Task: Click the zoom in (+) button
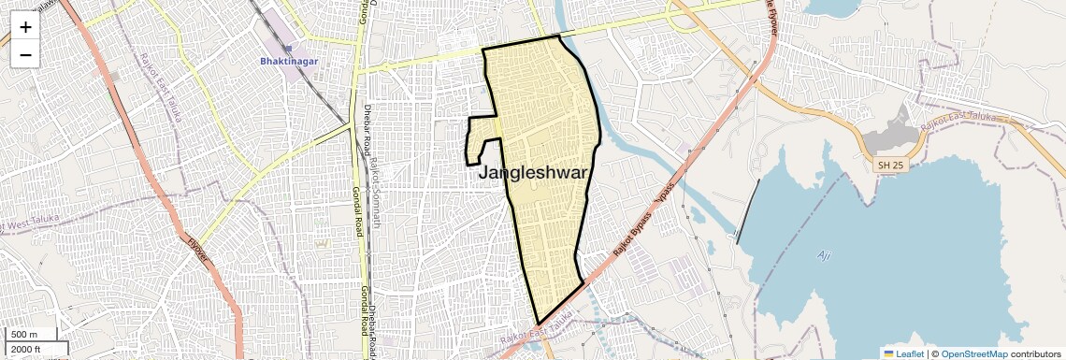click(25, 27)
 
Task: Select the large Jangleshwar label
click(533, 173)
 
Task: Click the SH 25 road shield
click(890, 165)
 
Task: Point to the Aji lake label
click(824, 254)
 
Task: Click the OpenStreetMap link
click(973, 353)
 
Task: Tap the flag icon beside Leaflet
click(888, 353)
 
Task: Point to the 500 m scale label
click(24, 335)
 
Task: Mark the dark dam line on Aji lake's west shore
click(748, 211)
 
